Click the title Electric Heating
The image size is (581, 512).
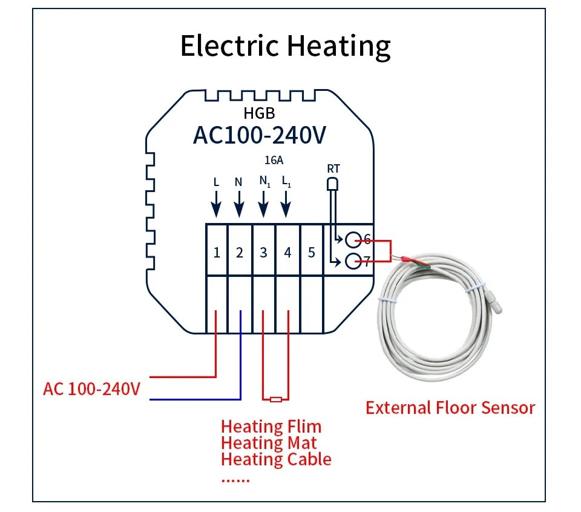286,46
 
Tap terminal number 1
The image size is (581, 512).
217,253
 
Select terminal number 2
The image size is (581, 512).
240,253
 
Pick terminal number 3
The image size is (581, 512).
263,253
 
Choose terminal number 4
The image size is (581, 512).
287,253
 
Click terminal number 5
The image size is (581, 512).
311,253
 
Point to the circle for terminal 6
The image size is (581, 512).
354,239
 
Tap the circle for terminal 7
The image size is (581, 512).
354,262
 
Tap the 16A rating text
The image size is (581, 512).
274,160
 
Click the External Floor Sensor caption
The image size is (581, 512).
450,407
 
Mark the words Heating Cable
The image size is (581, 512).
276,459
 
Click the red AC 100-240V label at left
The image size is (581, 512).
91,388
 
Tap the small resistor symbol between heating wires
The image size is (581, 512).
276,399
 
